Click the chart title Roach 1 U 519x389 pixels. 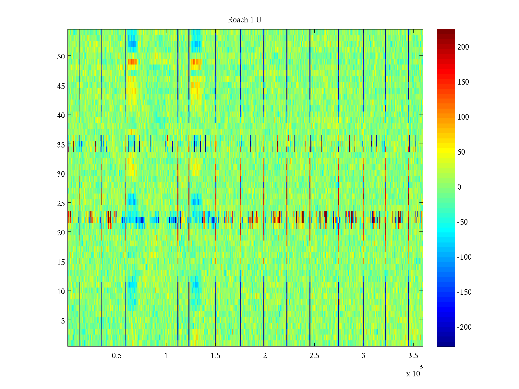[245, 20]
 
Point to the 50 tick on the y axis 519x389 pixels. [61, 56]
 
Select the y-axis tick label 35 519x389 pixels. [61, 145]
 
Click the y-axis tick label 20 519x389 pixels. [61, 232]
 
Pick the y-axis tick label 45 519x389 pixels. [61, 86]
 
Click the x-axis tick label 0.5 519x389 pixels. [117, 356]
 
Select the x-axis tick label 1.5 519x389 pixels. [215, 356]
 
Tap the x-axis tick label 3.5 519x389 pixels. [413, 356]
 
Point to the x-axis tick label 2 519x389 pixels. [265, 356]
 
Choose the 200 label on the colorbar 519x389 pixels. [463, 47]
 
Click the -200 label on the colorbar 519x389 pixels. [464, 327]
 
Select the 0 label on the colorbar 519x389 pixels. [459, 187]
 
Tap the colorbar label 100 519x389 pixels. [463, 117]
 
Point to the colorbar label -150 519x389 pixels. [464, 292]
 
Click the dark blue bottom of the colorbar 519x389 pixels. [446, 345]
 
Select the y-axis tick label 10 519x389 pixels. [61, 291]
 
